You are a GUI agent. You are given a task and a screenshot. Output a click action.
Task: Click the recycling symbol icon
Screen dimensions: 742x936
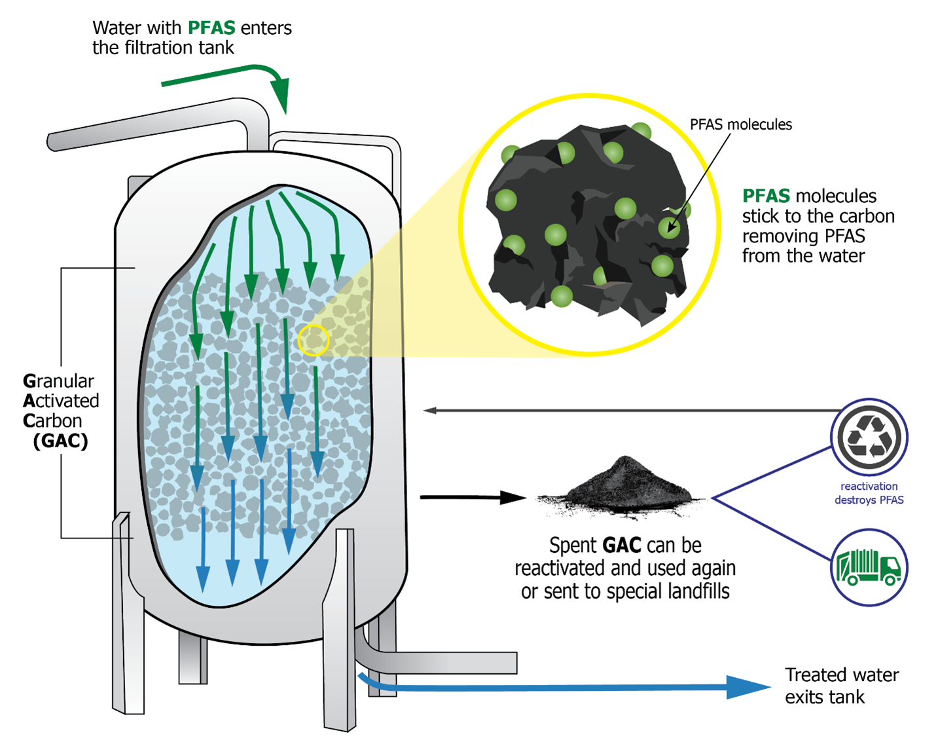(x=869, y=437)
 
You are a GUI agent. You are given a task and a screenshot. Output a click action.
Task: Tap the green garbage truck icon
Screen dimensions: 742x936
(x=869, y=567)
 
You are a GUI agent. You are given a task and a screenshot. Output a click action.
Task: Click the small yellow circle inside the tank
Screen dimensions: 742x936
(x=314, y=340)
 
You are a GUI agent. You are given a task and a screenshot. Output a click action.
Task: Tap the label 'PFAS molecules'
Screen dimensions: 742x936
(x=740, y=124)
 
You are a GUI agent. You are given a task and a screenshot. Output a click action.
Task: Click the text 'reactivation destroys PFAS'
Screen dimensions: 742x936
(x=869, y=493)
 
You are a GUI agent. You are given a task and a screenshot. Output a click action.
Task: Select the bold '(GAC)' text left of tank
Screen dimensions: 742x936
(x=60, y=441)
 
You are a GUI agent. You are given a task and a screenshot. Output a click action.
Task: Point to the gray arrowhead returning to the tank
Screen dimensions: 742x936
(x=431, y=411)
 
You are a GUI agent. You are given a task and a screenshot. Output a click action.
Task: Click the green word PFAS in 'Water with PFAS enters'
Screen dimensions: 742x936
(x=211, y=28)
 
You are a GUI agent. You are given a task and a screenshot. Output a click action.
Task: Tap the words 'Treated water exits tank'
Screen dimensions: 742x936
(x=842, y=686)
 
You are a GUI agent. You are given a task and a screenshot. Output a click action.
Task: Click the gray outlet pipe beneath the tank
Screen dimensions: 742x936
(x=445, y=662)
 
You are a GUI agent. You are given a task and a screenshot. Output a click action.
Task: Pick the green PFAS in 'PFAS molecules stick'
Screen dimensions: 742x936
(x=766, y=196)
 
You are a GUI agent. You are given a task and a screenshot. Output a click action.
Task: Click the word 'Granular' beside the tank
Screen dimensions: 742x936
(x=59, y=381)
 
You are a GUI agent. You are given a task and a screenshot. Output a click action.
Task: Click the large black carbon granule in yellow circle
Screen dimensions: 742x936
(x=589, y=223)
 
